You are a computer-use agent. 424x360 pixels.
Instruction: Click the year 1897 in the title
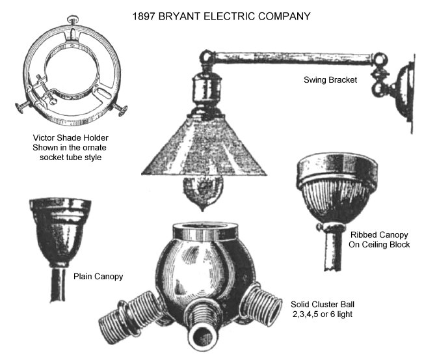tap(144, 16)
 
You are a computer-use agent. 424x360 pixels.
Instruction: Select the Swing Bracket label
tap(330, 80)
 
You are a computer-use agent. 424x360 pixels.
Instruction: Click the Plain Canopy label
tap(98, 277)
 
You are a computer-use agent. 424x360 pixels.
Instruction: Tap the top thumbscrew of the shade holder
tap(73, 19)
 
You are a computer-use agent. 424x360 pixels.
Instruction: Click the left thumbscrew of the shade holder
tap(23, 107)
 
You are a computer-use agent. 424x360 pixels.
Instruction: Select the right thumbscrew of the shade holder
tap(120, 109)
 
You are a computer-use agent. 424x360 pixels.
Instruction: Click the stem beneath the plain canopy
tap(58, 284)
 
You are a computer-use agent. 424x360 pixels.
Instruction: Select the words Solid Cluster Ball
tap(323, 305)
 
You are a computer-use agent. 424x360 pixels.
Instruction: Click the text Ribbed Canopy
tap(379, 234)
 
